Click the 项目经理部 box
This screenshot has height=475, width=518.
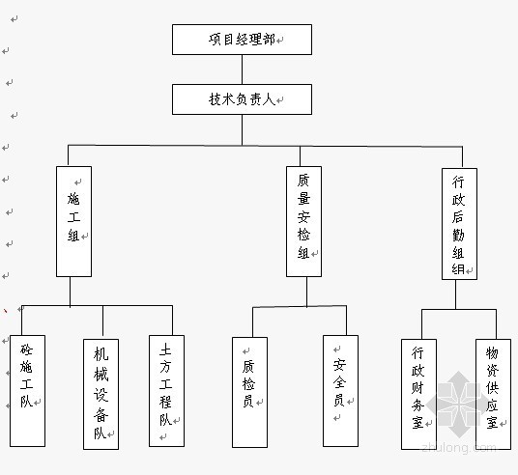pos(242,40)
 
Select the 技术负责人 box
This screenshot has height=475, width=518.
pos(242,99)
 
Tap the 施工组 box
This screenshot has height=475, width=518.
pos(74,221)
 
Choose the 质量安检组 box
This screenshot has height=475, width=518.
pos(303,221)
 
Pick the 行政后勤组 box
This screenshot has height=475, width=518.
pos(459,224)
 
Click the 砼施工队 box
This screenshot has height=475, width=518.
pos(27,391)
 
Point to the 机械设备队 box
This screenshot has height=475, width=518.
pos(101,394)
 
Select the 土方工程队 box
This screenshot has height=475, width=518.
pos(167,391)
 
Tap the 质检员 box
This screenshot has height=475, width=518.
pos(249,392)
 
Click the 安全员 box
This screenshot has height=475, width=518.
pos(340,391)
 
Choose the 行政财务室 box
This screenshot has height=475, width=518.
pos(418,394)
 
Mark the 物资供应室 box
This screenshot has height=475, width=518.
pos(493,394)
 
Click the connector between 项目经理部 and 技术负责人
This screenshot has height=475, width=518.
pos(242,70)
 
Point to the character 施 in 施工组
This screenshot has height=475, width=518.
pos(73,199)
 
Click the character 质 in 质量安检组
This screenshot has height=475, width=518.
pos(303,181)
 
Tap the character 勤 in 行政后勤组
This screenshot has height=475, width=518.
pos(458,235)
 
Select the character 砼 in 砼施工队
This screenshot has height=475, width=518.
pos(26,349)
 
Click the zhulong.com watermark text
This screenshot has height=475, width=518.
pos(459,448)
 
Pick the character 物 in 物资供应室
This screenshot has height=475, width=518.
pos(492,352)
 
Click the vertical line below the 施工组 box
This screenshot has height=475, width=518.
pos(70,292)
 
